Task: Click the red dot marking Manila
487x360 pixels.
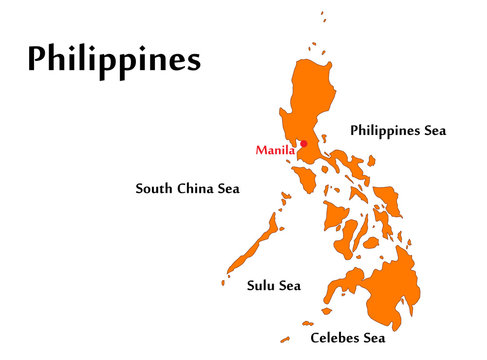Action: tap(303, 144)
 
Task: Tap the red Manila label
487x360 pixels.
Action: tap(275, 151)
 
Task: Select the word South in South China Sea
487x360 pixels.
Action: tap(156, 188)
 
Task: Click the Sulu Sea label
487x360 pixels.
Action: tap(273, 286)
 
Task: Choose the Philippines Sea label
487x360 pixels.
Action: tap(397, 130)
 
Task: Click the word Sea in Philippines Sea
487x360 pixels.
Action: tap(432, 130)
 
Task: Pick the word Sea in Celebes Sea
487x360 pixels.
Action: tap(373, 338)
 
